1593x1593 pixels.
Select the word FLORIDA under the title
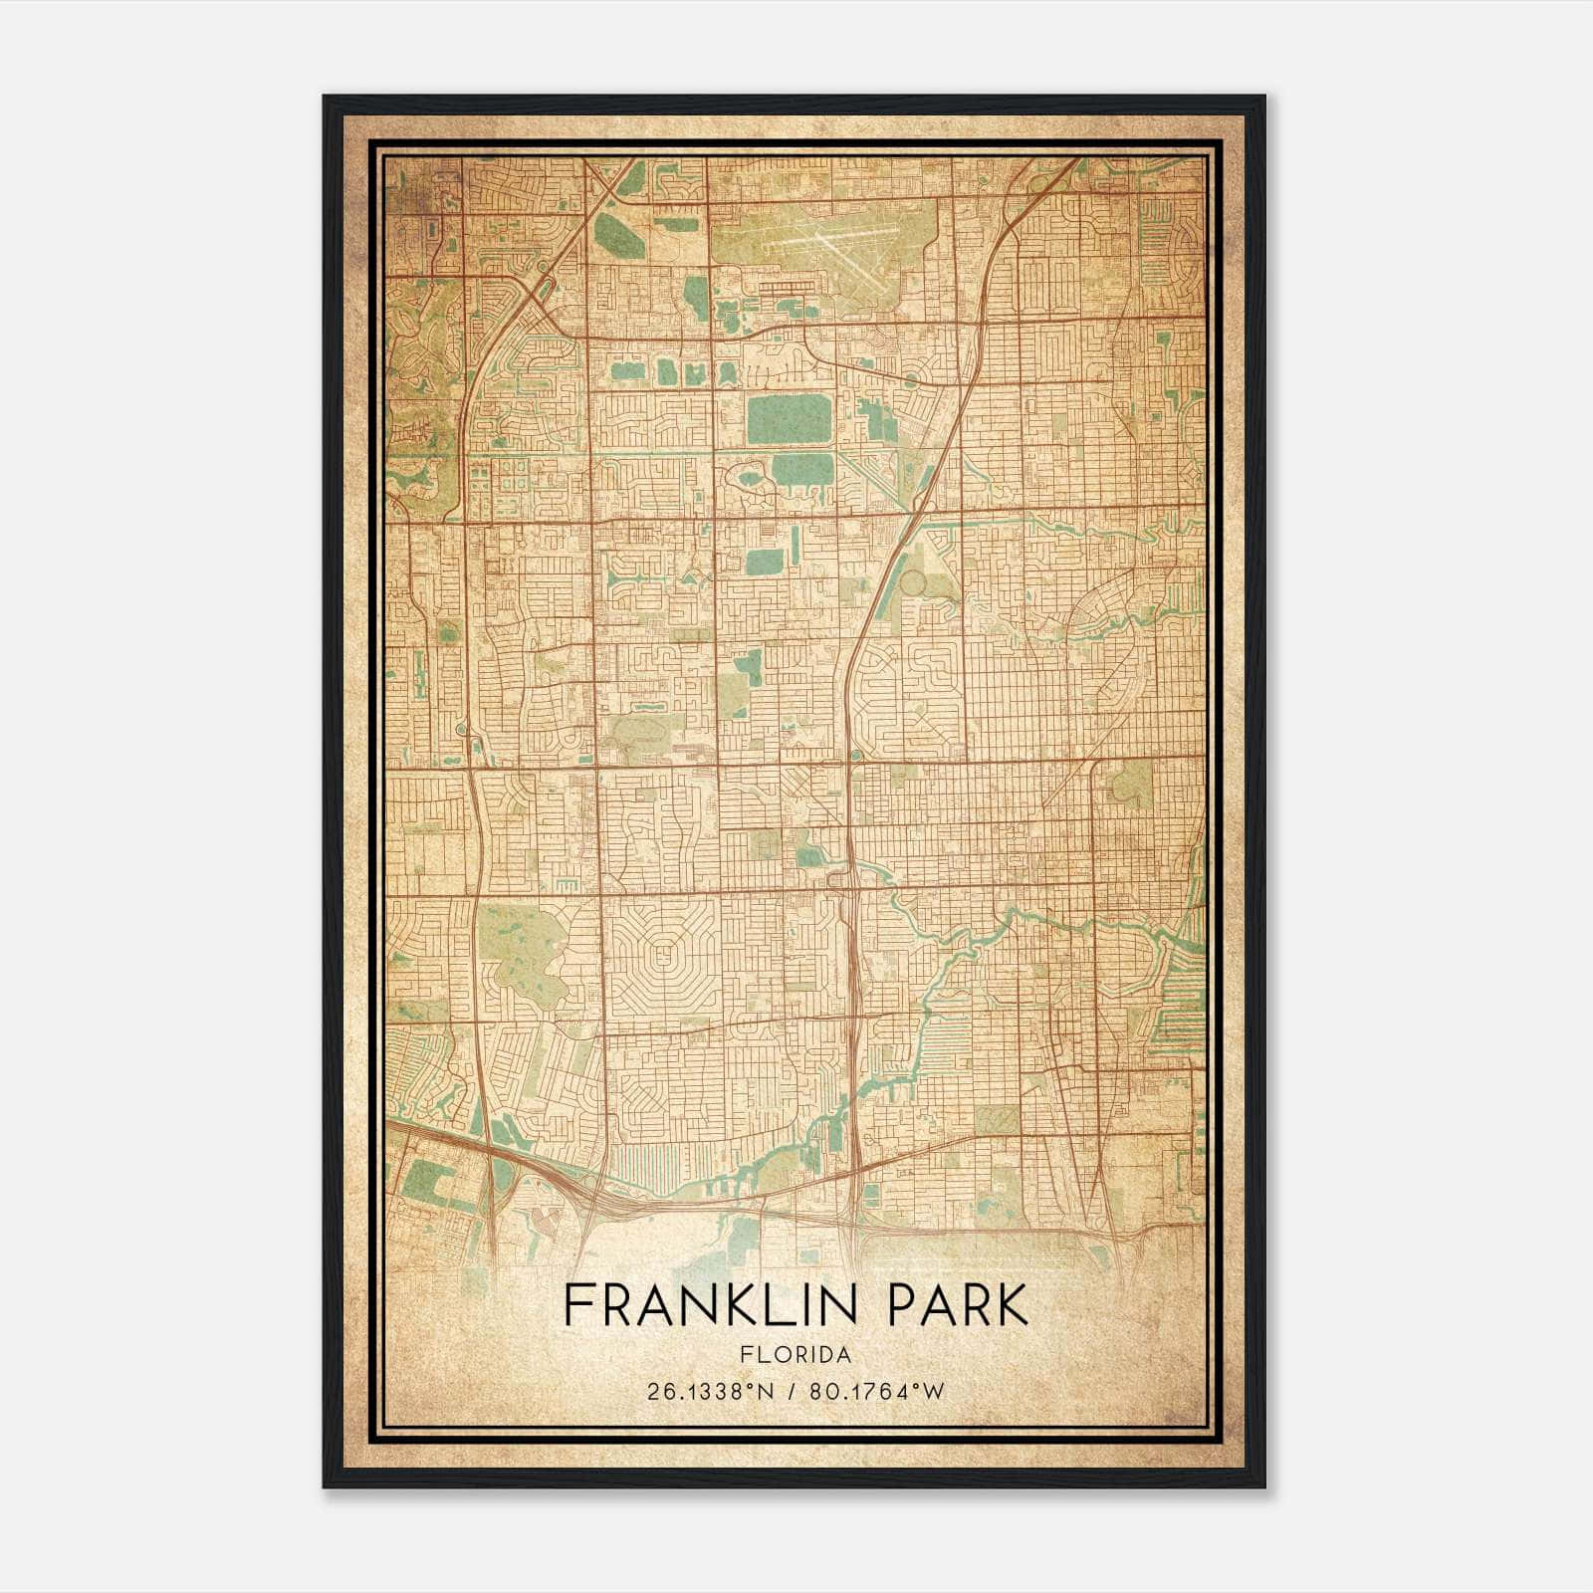(x=796, y=1355)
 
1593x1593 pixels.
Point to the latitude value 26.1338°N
(x=710, y=1392)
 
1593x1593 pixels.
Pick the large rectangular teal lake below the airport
(x=789, y=419)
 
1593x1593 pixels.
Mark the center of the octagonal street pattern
(x=665, y=962)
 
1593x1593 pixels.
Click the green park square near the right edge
(x=1129, y=787)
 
